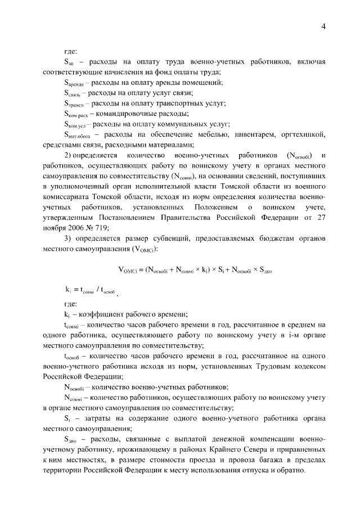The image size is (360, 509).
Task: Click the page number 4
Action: pyautogui.click(x=324, y=27)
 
